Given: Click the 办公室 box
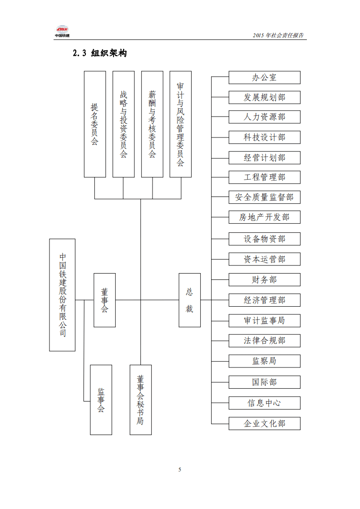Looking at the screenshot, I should click(x=264, y=78).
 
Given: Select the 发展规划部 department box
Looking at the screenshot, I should click(x=264, y=97).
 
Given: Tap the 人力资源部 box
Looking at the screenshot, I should click(x=264, y=117).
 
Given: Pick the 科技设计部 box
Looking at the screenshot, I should click(x=264, y=137).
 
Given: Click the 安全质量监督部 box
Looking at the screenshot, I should click(x=264, y=197).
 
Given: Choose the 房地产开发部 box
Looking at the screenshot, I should click(x=264, y=217).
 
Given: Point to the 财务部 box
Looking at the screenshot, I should click(x=264, y=279).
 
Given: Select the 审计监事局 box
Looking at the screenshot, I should click(x=264, y=320).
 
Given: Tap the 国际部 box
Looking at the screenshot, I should click(x=264, y=382).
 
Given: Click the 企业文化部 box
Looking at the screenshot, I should click(x=264, y=423).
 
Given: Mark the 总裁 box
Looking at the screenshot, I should click(x=189, y=300).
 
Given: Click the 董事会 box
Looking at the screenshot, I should click(x=104, y=300).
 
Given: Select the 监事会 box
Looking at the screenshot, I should click(x=101, y=400).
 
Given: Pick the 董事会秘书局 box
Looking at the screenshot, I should click(x=140, y=400).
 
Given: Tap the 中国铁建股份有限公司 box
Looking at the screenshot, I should click(x=62, y=295).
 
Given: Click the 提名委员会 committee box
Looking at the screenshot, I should click(x=95, y=124).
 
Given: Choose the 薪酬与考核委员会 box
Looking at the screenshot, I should click(x=152, y=124).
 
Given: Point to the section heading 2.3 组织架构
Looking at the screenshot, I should click(x=100, y=54).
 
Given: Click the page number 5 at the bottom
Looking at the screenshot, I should click(x=180, y=470).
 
